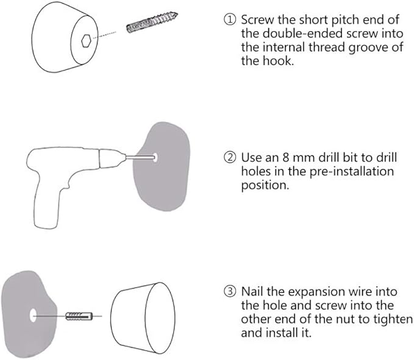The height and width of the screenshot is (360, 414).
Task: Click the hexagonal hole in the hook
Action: point(86,41)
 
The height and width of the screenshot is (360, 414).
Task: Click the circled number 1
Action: point(230,19)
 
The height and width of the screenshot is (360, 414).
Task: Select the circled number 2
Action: point(230,157)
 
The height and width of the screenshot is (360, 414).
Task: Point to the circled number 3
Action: point(230,291)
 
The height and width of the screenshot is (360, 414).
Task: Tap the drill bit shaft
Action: point(140,157)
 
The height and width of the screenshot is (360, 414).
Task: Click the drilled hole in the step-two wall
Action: point(155,157)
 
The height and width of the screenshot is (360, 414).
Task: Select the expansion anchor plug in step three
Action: point(79,316)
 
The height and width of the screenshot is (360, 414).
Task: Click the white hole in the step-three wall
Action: point(33,315)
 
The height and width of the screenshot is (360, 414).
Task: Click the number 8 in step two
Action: point(286,157)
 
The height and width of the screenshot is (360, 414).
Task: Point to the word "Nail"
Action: point(252,291)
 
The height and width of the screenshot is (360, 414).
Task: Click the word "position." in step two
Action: point(265,185)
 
